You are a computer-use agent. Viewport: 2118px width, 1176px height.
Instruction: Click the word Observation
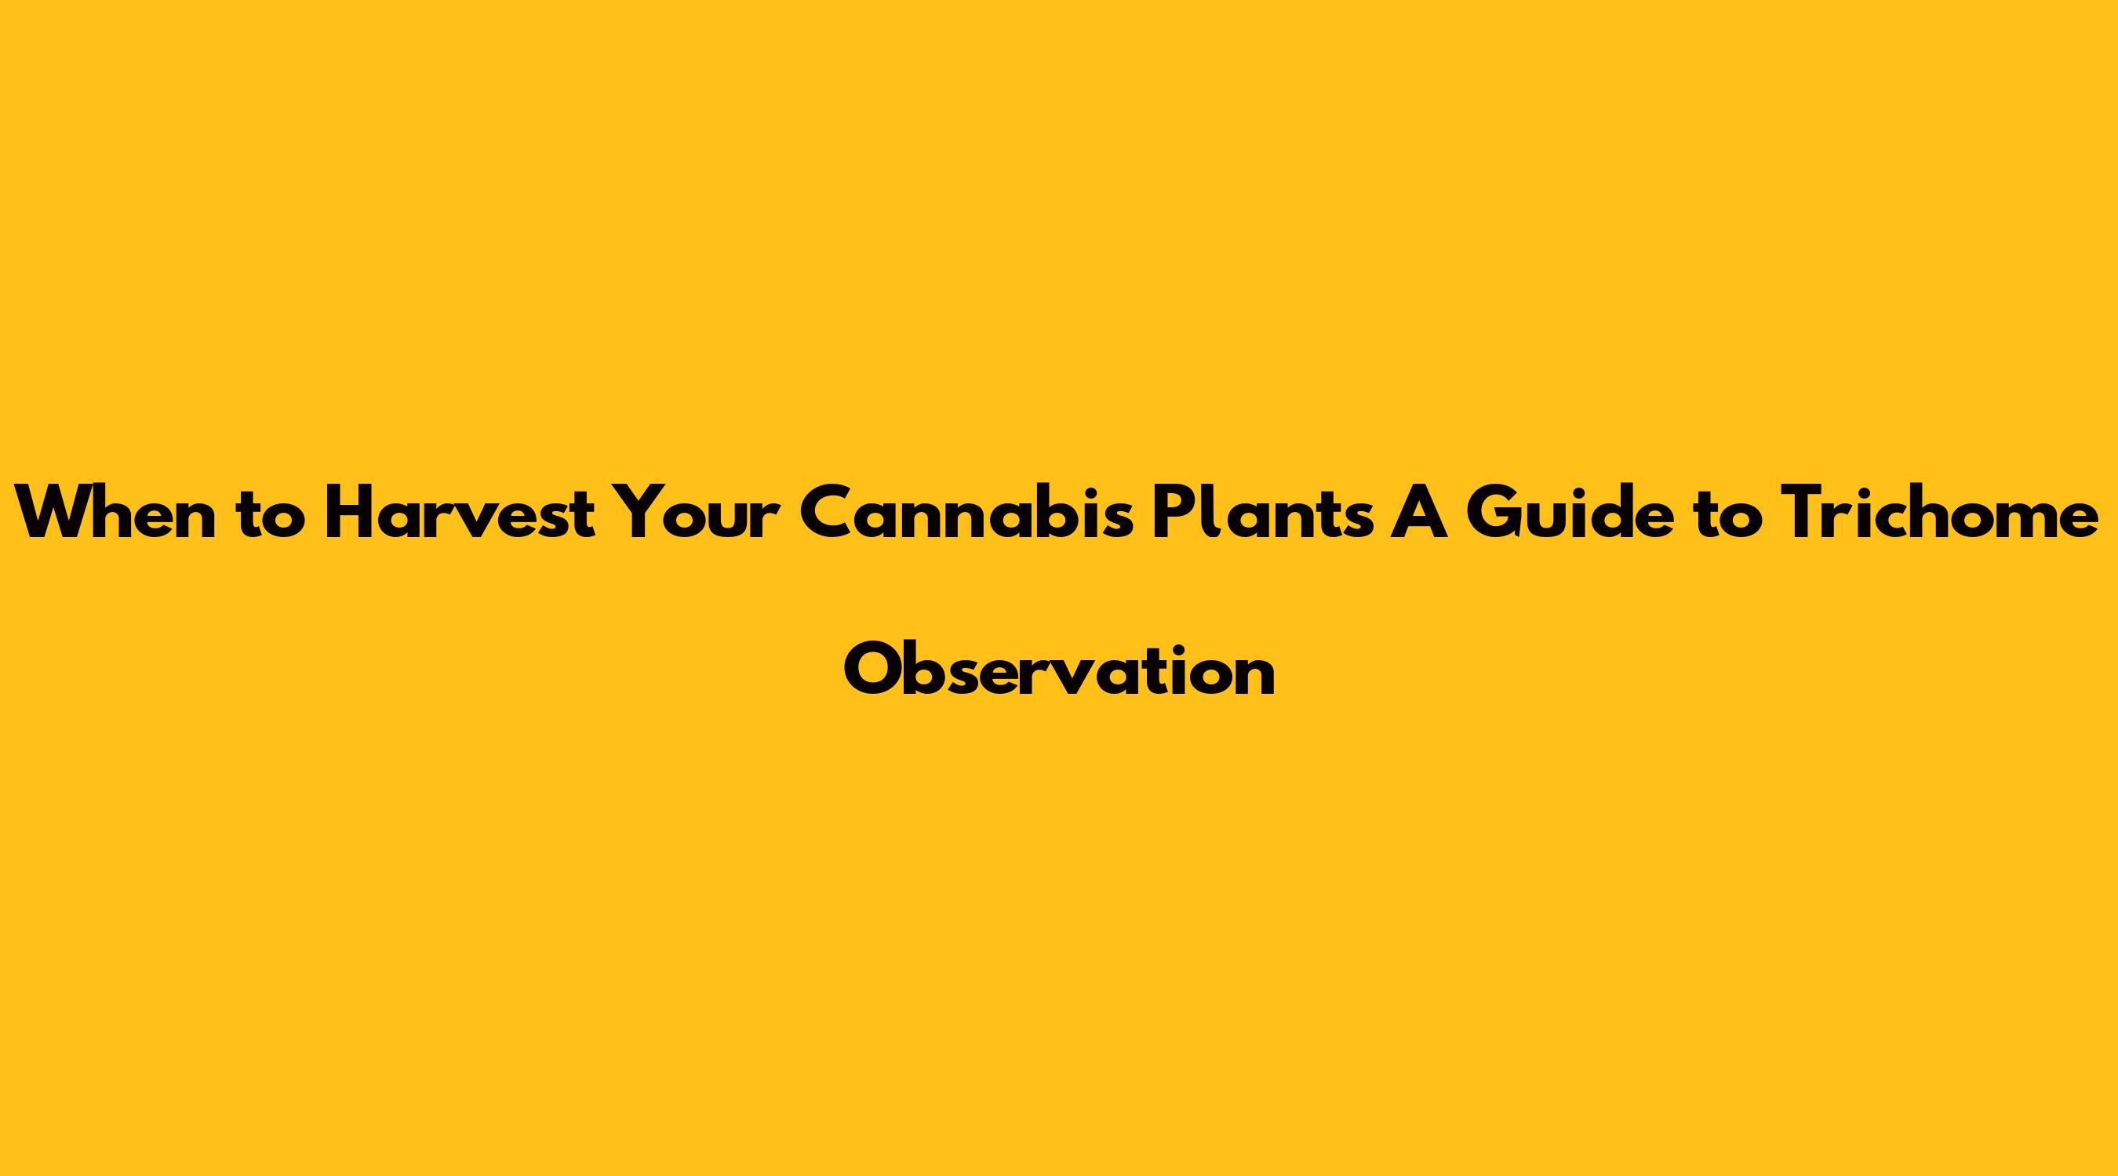click(x=1059, y=670)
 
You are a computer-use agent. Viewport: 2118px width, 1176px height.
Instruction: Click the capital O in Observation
click(x=874, y=670)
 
